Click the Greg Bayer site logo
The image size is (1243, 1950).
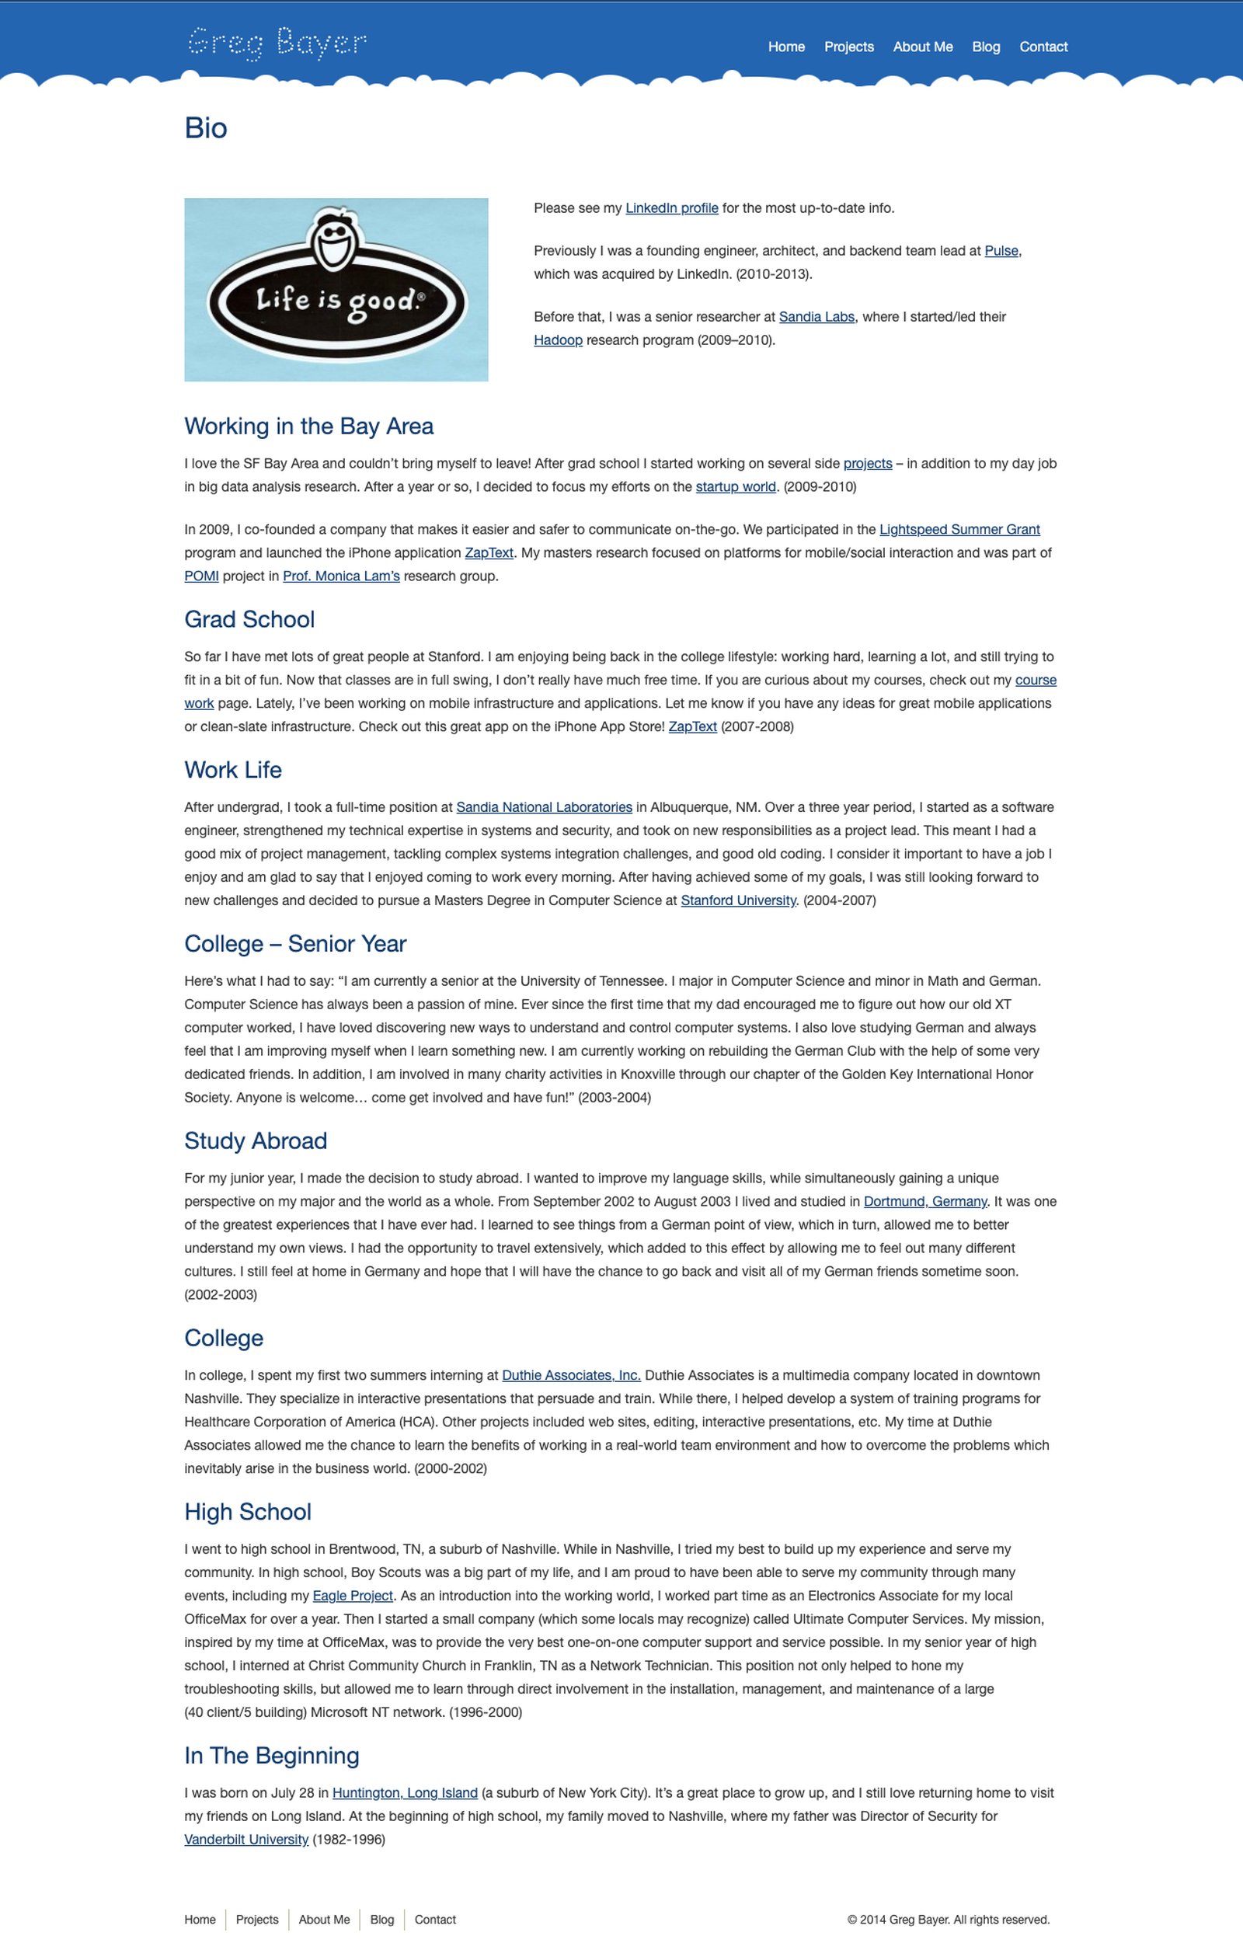277,44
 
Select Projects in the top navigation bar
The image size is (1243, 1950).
848,47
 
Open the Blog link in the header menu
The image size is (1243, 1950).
986,47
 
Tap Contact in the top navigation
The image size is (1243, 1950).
1043,47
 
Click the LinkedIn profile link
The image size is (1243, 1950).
671,208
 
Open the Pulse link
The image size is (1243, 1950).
1001,251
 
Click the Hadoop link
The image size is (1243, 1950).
558,340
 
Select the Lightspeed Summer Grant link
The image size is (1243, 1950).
959,530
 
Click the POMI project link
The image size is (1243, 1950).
202,576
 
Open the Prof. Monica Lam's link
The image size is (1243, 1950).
341,576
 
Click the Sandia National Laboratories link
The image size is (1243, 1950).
544,807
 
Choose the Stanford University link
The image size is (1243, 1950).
738,900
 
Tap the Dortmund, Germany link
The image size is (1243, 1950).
924,1202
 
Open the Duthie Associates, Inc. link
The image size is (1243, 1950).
571,1376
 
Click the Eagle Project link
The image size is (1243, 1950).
352,1596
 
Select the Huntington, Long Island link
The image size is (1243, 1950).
405,1794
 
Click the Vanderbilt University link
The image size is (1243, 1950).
246,1840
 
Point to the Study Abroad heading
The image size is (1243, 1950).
255,1141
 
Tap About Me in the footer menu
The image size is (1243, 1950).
324,1920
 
